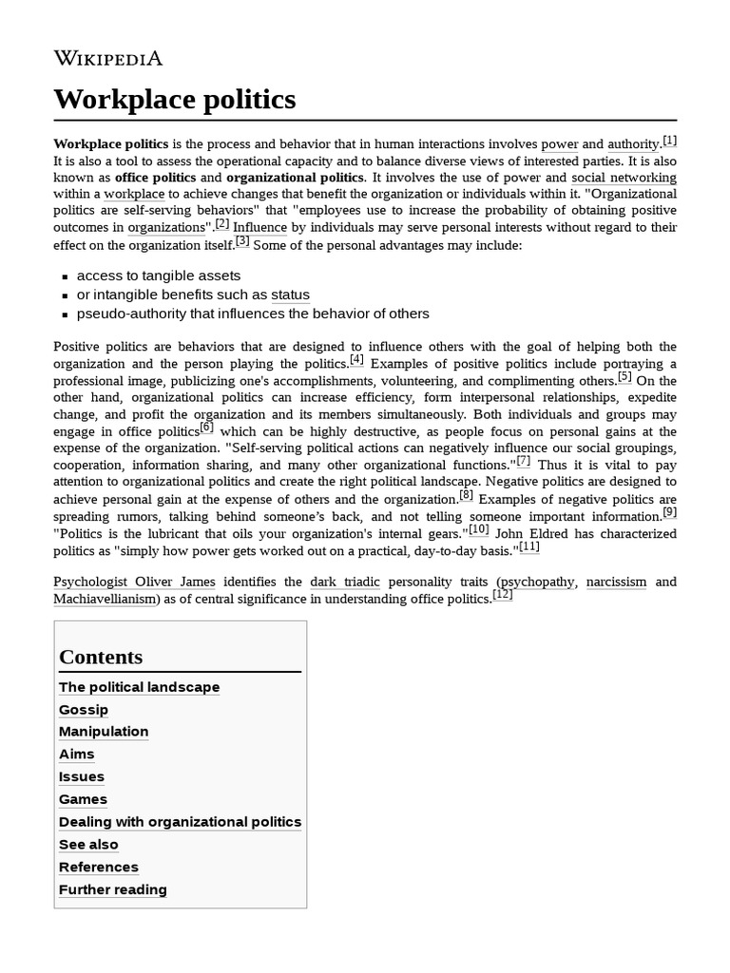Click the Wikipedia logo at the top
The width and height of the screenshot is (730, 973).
tap(107, 58)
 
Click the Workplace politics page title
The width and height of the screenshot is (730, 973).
tap(175, 99)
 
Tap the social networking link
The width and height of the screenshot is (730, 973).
tap(624, 178)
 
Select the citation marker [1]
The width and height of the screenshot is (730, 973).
tap(670, 141)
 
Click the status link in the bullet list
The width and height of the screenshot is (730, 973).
tap(290, 295)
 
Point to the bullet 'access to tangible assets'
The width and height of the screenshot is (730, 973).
tap(159, 276)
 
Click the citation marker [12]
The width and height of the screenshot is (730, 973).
tap(503, 595)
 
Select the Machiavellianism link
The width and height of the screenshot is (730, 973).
tap(105, 599)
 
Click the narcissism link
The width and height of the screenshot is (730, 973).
tap(617, 582)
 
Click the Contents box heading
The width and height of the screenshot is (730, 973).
tap(101, 657)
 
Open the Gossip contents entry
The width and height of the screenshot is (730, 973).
tap(84, 710)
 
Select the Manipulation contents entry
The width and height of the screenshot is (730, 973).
tap(104, 732)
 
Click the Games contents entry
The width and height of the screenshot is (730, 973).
tap(83, 799)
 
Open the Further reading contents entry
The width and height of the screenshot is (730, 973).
tap(112, 889)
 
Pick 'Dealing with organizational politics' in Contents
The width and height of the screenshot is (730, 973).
tap(180, 822)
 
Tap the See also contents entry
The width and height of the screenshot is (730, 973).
tap(88, 845)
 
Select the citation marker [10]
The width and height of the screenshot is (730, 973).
tap(479, 529)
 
